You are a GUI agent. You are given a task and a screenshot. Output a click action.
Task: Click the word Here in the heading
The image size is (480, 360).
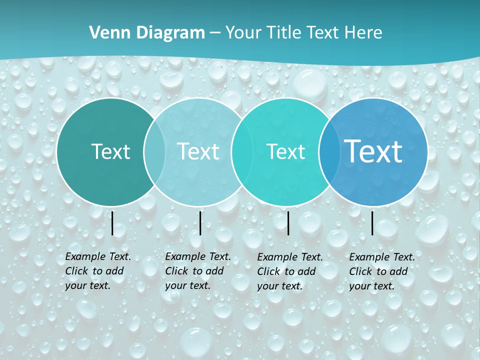point(363,33)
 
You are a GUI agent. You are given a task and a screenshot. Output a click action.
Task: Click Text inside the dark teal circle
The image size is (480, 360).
point(110,151)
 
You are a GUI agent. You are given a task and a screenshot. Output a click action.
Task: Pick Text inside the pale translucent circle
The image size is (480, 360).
point(198,151)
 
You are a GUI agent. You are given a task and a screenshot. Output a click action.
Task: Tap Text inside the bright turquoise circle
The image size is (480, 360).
point(285,151)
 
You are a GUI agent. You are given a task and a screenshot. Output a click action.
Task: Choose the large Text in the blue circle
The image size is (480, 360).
point(373,151)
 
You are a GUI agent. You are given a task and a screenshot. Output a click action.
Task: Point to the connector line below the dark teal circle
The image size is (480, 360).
point(112,223)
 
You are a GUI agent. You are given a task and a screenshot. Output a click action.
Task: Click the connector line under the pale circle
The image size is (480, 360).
point(200,223)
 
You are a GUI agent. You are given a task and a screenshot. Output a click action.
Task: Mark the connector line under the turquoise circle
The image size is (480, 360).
point(288,223)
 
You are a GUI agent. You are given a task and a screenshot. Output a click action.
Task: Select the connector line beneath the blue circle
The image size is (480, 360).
point(372,223)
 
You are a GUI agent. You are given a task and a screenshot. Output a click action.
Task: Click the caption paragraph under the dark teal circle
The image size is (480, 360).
point(97,271)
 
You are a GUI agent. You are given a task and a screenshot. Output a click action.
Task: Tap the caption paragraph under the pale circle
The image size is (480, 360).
point(197,271)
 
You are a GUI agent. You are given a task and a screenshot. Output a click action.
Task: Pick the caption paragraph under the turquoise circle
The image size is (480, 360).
point(289,271)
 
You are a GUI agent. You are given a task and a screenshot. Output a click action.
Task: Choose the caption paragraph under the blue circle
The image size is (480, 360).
point(381,271)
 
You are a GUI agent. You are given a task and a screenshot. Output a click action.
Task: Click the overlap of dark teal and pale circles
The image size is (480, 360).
point(154,151)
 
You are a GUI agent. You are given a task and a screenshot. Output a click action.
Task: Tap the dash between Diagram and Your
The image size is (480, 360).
point(214,33)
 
